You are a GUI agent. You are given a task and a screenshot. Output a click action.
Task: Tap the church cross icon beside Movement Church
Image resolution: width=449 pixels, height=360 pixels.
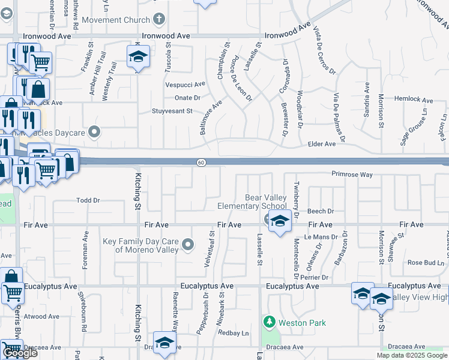[x=158, y=19]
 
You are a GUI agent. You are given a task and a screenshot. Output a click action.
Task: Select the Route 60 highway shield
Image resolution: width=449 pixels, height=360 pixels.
[x=202, y=162]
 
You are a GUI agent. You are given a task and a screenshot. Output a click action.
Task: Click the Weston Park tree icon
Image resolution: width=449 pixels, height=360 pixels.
[x=268, y=323]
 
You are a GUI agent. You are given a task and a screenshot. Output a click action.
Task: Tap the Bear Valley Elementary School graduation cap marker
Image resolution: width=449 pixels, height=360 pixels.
[x=279, y=222]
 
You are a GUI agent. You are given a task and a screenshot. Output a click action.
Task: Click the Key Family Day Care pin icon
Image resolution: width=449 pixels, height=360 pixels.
[x=188, y=244]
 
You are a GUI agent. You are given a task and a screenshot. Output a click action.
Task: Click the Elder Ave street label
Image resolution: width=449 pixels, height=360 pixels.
[x=321, y=144]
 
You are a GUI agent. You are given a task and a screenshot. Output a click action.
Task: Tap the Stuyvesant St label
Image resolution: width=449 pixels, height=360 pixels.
[x=172, y=111]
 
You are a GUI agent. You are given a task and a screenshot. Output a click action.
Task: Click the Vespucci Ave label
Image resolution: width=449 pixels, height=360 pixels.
[x=185, y=85]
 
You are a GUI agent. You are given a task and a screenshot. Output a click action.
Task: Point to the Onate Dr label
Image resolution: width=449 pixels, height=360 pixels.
[x=187, y=98]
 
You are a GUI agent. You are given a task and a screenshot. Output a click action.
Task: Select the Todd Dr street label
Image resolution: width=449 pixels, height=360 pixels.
[x=88, y=200]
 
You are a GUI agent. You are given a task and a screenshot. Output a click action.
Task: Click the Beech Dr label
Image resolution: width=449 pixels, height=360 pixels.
[x=321, y=211]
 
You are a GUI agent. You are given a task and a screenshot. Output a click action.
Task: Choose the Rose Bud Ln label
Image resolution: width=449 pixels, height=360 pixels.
[x=424, y=263]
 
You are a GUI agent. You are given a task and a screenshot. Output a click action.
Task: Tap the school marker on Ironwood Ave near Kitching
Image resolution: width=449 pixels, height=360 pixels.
[x=138, y=58]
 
